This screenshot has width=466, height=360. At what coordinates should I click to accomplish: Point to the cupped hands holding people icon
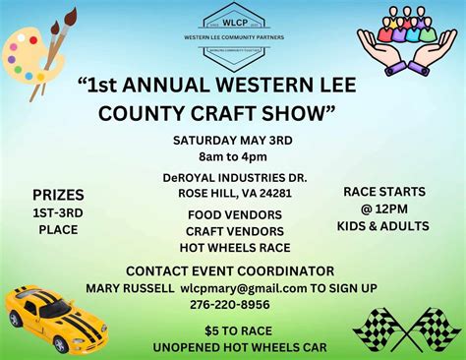[407, 43]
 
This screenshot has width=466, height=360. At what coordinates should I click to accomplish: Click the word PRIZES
[58, 195]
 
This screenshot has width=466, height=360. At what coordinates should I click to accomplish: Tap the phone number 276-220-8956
[233, 305]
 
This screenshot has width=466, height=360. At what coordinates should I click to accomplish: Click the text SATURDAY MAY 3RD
[233, 140]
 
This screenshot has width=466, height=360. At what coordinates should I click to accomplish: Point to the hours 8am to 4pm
[233, 156]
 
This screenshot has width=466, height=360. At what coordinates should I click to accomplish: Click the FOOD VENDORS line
[232, 213]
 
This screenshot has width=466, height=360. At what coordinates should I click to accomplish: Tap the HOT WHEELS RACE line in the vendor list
[232, 248]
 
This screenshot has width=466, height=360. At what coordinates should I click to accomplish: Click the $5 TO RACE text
[232, 330]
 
